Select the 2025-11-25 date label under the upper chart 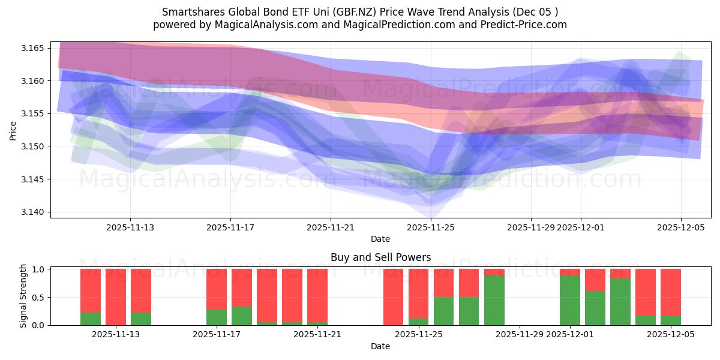point(431,228)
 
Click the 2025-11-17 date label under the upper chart point(230,228)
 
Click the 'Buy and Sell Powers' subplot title point(380,257)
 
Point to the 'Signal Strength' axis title point(23,296)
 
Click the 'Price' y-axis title point(13,130)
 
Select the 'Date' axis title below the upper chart point(380,239)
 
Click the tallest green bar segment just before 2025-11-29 point(494,300)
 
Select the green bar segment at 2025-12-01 point(570,300)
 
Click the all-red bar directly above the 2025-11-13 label point(116,297)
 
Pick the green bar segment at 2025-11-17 point(217,317)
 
